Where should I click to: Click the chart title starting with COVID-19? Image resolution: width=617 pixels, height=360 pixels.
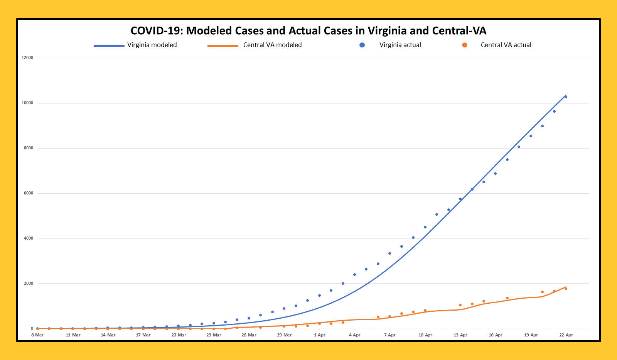[x=308, y=31]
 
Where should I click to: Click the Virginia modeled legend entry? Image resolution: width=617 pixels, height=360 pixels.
[x=152, y=45]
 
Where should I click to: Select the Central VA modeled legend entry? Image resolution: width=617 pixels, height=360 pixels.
[x=272, y=45]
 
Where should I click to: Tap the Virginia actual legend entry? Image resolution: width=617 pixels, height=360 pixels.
[x=400, y=45]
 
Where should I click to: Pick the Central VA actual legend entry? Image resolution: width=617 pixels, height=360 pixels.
[x=506, y=45]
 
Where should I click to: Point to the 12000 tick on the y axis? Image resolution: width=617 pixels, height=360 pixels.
[x=27, y=58]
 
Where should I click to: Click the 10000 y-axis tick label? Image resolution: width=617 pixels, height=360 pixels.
[x=27, y=103]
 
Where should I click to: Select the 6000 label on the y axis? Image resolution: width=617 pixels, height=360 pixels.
[x=29, y=193]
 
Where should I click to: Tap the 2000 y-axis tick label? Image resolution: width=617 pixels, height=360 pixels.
[x=29, y=284]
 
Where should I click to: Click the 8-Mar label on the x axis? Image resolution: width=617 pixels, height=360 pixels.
[x=37, y=335]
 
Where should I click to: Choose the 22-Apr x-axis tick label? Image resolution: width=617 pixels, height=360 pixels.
[x=566, y=335]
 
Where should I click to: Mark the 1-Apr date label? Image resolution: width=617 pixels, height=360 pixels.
[x=319, y=335]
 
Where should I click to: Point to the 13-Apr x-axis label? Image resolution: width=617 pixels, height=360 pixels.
[x=460, y=335]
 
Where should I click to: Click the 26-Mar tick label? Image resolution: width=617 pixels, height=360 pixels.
[x=249, y=335]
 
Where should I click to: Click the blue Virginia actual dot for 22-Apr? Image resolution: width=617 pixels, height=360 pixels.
[x=566, y=97]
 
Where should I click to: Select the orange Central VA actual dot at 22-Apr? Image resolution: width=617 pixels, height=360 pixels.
[x=566, y=289]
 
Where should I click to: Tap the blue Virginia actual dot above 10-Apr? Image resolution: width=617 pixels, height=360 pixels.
[x=425, y=227]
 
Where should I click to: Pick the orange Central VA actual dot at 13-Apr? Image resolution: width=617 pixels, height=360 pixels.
[x=460, y=305]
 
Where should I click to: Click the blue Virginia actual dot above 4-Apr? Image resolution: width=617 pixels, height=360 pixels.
[x=354, y=275]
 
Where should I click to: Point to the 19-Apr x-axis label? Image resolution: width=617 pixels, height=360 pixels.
[x=531, y=335]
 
